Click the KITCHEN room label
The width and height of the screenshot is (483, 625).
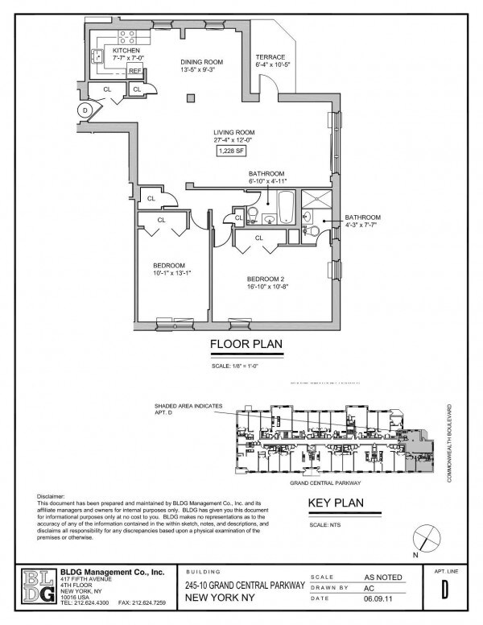[126, 50]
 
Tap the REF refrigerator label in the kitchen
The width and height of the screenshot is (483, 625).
[135, 70]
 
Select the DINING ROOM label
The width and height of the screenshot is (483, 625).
[202, 62]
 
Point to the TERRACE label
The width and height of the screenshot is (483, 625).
[270, 56]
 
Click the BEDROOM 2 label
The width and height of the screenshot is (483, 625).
[266, 278]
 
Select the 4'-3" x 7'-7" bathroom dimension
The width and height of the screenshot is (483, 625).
[362, 225]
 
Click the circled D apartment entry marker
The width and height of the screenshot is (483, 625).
[85, 110]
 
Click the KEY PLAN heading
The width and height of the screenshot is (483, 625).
[336, 505]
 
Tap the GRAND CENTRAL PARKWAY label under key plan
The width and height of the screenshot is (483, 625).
[324, 483]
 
